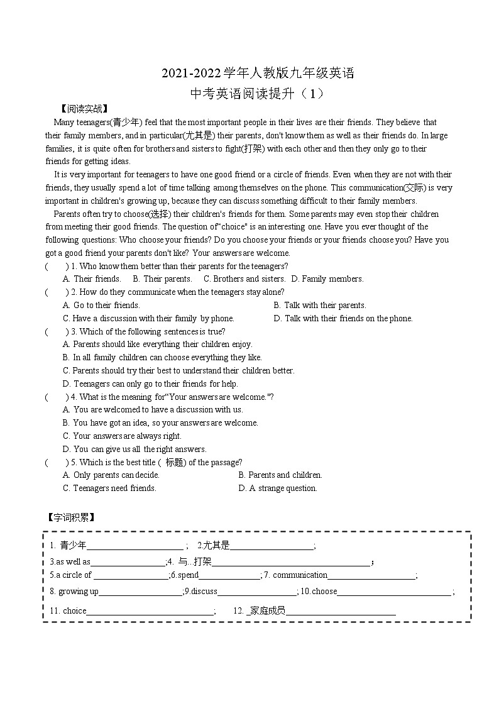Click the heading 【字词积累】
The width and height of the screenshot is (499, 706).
point(70,517)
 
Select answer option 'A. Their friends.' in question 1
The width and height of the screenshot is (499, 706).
point(92,279)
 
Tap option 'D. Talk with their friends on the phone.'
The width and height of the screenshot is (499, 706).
point(343,318)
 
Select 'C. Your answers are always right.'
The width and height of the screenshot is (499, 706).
point(122,436)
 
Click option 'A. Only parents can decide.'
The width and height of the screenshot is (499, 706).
point(111,475)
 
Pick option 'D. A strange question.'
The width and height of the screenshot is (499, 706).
point(278,488)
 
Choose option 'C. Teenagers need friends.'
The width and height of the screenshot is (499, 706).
point(109,488)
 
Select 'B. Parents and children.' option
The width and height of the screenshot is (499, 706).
point(280,475)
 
